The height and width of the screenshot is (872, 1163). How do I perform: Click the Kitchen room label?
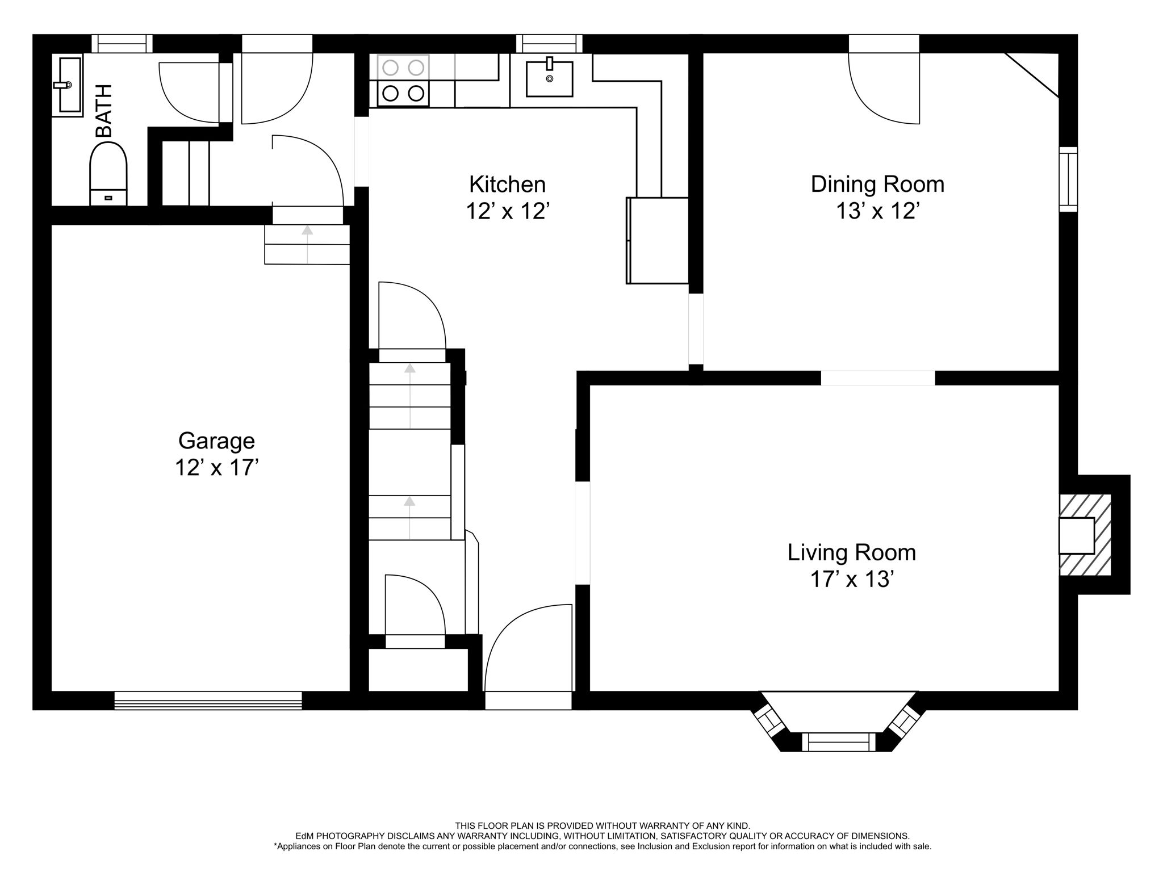click(x=507, y=185)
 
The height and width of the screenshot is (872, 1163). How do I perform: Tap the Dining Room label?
click(x=877, y=185)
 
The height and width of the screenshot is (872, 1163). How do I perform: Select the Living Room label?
click(x=852, y=553)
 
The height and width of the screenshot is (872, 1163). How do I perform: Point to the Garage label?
click(x=216, y=442)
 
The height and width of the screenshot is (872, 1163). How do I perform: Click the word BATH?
click(x=104, y=111)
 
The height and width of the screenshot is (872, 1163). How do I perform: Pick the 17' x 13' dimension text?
click(x=852, y=580)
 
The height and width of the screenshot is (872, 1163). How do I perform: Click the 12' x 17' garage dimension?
click(x=216, y=468)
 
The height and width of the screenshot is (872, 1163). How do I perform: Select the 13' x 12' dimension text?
click(x=877, y=211)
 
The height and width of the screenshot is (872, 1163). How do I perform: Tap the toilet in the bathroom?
click(x=108, y=173)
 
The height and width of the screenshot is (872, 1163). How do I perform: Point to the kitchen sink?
click(x=549, y=78)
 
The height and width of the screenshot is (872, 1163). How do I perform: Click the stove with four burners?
click(x=403, y=81)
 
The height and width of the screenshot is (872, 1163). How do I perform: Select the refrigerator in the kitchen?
click(x=657, y=240)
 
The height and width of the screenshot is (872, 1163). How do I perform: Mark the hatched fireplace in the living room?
click(x=1085, y=535)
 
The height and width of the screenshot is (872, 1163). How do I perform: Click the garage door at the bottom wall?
click(x=208, y=700)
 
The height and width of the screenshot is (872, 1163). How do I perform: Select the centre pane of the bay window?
click(x=838, y=742)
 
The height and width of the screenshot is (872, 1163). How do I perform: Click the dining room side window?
click(x=1068, y=179)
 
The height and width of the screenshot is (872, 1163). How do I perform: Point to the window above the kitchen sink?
click(x=549, y=44)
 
